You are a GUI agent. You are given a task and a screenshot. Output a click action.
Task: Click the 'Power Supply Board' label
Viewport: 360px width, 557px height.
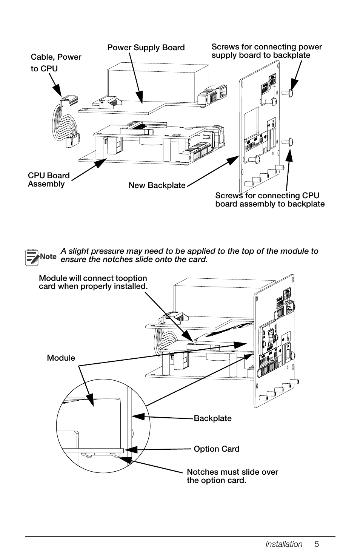(x=146, y=48)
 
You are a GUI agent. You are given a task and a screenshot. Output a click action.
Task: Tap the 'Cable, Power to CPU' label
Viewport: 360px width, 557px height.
(x=56, y=63)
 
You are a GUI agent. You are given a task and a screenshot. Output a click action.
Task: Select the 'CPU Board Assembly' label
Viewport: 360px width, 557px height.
(x=49, y=180)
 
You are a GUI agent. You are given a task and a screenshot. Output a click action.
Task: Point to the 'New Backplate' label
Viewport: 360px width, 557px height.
(x=157, y=185)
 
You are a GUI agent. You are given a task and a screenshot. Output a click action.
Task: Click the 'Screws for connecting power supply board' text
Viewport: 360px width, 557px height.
(x=266, y=51)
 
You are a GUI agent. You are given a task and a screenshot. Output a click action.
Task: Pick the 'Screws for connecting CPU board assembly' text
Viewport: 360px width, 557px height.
(x=269, y=200)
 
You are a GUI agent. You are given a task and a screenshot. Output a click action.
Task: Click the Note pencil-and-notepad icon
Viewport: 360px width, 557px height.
(x=32, y=257)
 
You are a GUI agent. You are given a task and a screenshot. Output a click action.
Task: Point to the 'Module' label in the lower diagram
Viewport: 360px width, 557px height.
(x=61, y=358)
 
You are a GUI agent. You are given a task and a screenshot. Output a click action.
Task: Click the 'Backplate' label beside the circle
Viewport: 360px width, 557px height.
(x=212, y=418)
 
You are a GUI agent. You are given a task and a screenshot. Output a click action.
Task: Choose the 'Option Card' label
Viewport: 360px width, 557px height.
(x=216, y=449)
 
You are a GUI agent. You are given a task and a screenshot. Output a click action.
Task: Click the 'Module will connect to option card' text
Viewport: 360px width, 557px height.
(x=93, y=282)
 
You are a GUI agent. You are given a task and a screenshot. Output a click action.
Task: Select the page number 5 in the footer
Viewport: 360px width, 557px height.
(x=317, y=544)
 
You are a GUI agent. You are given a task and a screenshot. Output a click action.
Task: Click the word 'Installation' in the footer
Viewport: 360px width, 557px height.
(x=284, y=544)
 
